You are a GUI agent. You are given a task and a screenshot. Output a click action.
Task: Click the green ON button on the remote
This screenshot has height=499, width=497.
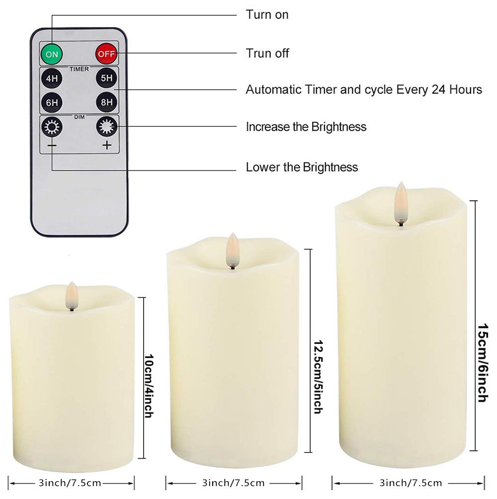52,53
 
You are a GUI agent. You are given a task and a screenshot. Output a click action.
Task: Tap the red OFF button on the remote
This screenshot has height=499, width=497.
106,53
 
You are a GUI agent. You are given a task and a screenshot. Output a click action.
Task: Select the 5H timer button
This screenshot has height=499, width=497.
106,79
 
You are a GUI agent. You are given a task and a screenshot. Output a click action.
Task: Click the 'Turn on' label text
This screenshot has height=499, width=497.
267,15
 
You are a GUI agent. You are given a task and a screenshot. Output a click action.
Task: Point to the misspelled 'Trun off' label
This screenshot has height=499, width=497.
267,53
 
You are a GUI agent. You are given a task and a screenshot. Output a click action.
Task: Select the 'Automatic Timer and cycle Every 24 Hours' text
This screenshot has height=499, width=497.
364,90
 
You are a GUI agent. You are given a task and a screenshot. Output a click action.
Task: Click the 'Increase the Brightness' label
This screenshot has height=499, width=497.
306,127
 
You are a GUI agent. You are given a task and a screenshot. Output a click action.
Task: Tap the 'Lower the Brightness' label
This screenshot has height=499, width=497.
302,167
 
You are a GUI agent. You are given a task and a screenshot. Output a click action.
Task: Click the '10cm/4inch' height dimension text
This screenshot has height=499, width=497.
148,379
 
